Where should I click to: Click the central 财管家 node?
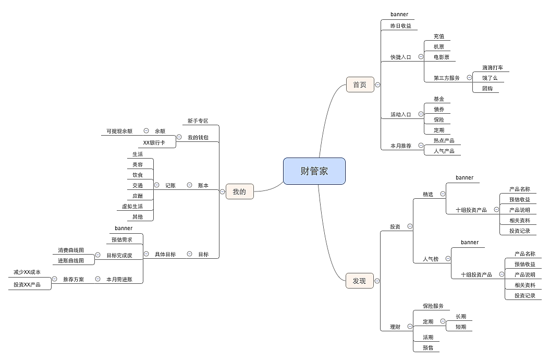[314, 171]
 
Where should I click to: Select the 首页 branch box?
[360, 85]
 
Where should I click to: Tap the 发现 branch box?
[359, 281]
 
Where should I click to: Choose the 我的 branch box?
[239, 191]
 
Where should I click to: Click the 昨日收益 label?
[401, 26]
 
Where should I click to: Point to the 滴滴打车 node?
[492, 68]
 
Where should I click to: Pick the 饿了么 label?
[490, 78]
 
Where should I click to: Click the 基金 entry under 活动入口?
[438, 99]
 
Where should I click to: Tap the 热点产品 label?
[444, 141]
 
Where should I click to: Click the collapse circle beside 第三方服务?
[469, 78]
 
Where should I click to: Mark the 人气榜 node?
[431, 259]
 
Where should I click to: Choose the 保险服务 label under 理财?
[433, 306]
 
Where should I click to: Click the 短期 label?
[460, 327]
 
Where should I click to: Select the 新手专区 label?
[198, 121]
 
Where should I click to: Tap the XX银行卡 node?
[153, 142]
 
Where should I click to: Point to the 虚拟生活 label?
[132, 207]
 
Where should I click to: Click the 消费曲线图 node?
[71, 250]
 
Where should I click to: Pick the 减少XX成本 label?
[27, 272]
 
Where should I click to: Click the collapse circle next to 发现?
[377, 281]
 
